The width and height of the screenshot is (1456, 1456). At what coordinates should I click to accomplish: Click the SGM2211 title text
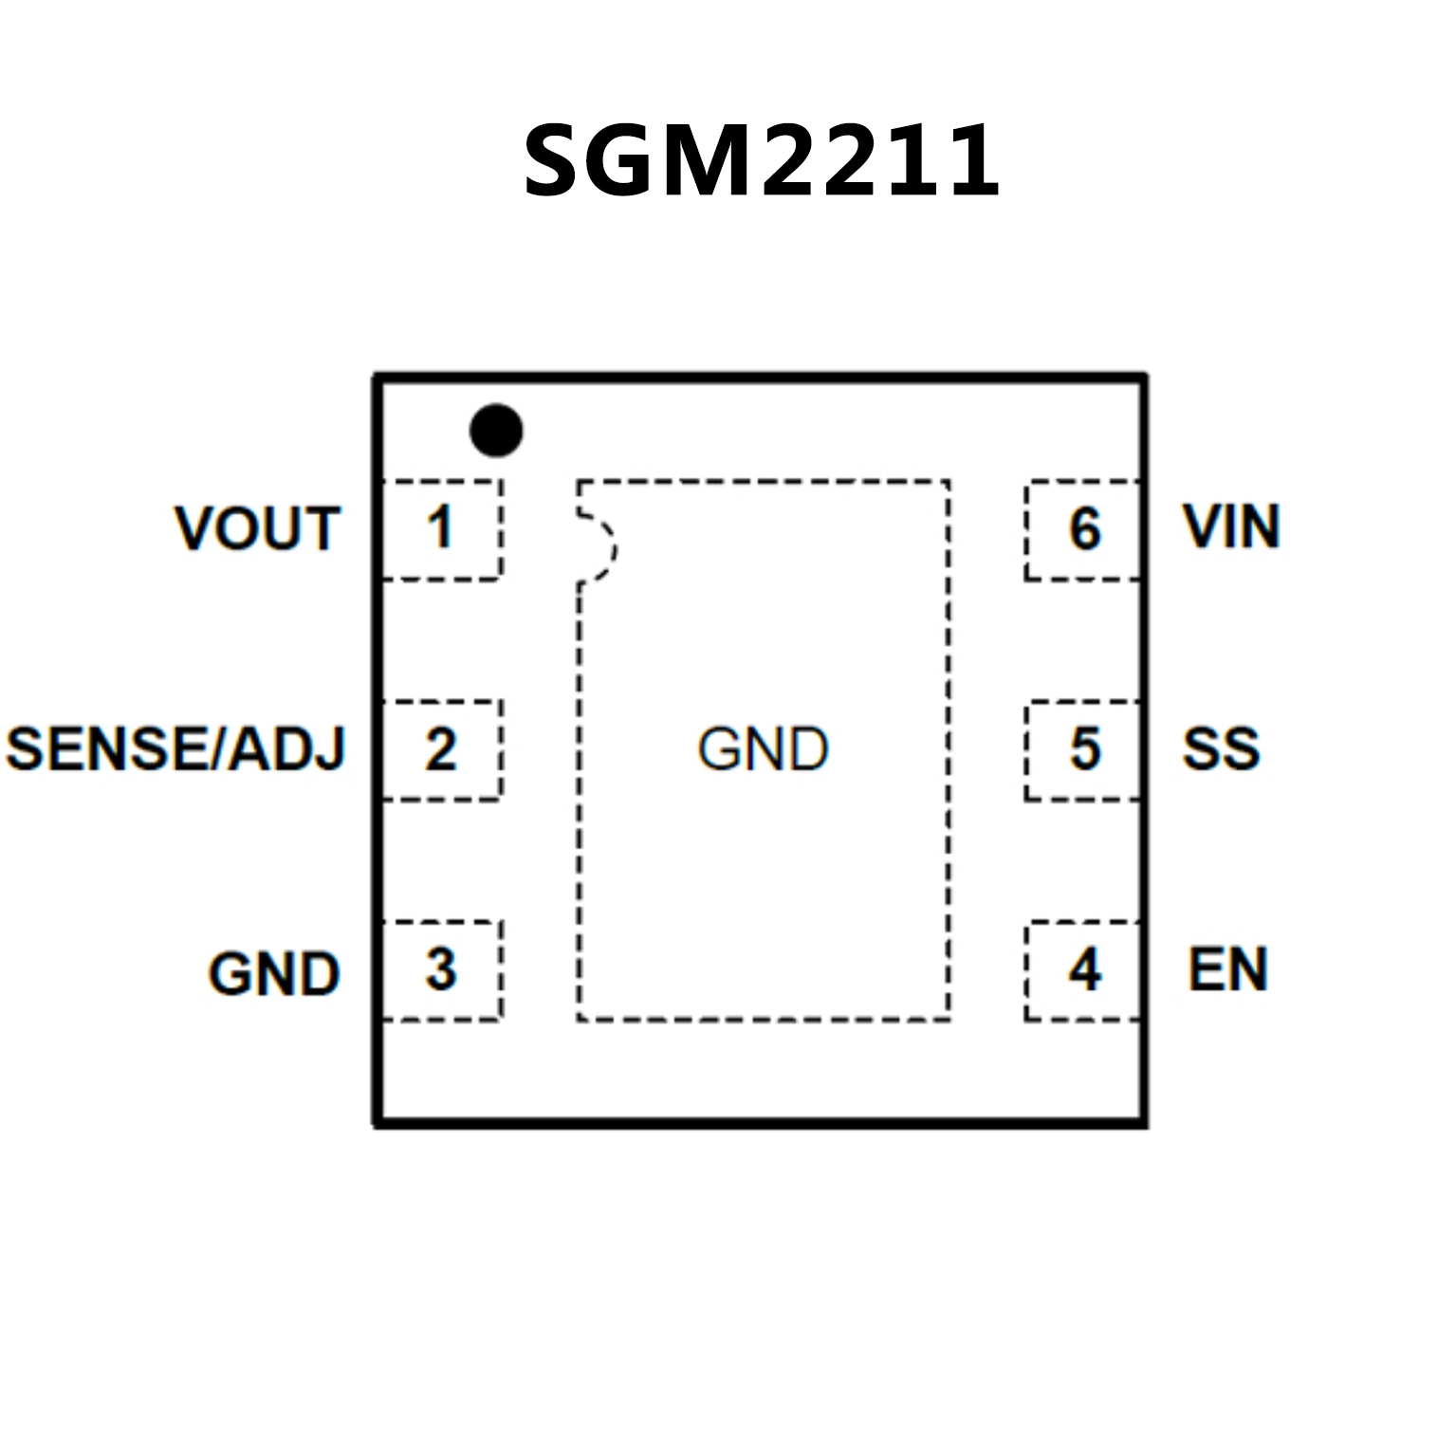click(x=762, y=160)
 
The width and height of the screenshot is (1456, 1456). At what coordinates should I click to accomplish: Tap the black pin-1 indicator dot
click(x=496, y=430)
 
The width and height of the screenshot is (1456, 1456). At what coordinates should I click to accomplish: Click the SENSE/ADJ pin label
click(x=175, y=748)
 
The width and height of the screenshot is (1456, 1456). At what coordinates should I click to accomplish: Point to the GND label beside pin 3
click(x=274, y=973)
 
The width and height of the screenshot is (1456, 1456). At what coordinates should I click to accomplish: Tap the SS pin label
click(x=1221, y=748)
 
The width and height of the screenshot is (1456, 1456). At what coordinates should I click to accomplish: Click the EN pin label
click(x=1227, y=969)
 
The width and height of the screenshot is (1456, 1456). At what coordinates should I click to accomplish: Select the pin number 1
click(x=439, y=527)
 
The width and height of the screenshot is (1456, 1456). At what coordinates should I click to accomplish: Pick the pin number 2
click(x=440, y=749)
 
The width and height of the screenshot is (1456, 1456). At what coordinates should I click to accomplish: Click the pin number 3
click(x=440, y=969)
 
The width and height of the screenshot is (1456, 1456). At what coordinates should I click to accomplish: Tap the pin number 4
click(x=1085, y=969)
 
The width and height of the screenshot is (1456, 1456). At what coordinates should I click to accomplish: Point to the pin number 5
click(x=1085, y=748)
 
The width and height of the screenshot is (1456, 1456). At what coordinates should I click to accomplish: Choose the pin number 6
click(x=1085, y=528)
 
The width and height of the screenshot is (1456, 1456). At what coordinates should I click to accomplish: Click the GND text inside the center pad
click(x=763, y=749)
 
